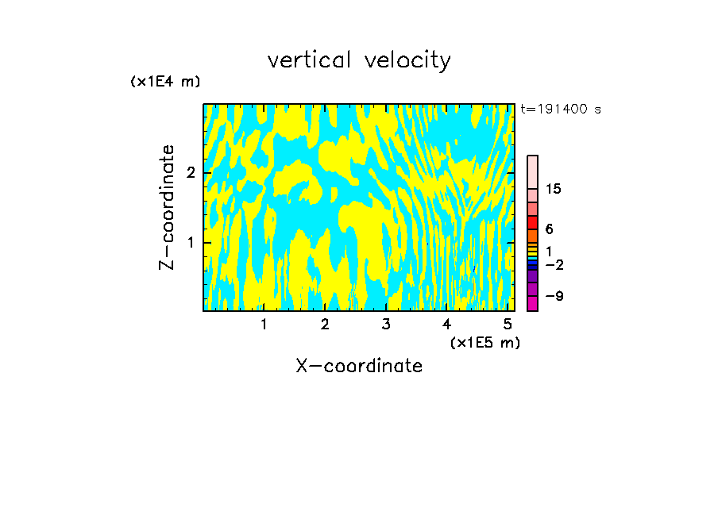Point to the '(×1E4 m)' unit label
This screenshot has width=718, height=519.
pos(165,82)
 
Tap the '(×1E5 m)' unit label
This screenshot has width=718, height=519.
pos(484,342)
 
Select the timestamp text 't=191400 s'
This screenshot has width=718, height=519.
pos(561,109)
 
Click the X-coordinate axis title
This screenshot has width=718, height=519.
pos(359,366)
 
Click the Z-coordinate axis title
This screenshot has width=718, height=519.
pos(167,207)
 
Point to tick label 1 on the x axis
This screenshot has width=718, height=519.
pos(264,324)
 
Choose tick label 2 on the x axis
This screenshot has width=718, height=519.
pos(325,324)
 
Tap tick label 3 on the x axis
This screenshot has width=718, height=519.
pos(386,324)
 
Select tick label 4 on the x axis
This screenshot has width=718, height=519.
pos(446,324)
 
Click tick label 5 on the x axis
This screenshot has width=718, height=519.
pos(508,324)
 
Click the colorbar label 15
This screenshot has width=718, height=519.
pos(554,190)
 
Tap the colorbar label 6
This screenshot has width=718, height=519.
pos(549,229)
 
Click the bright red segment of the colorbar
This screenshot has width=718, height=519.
pos(533,222)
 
